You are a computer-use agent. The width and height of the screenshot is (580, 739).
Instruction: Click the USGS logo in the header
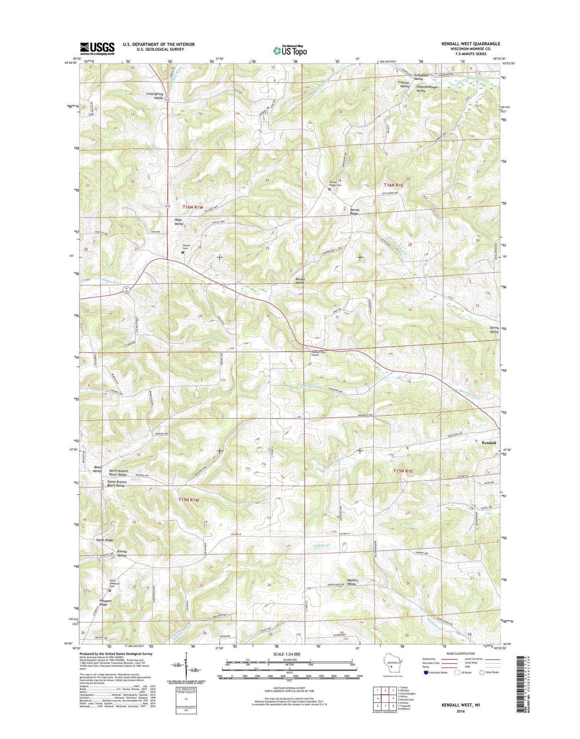(x=97, y=49)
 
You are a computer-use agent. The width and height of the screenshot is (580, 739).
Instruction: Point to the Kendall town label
(x=488, y=443)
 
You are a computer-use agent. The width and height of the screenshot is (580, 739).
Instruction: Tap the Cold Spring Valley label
(x=155, y=95)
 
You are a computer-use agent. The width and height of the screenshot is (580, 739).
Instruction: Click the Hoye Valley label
(x=179, y=222)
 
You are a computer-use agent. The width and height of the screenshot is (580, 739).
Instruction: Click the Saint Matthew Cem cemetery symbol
(x=110, y=590)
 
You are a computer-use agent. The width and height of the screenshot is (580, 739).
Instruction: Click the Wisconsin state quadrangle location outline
(x=392, y=670)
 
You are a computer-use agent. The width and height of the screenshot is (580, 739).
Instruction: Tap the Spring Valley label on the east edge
(x=494, y=330)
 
